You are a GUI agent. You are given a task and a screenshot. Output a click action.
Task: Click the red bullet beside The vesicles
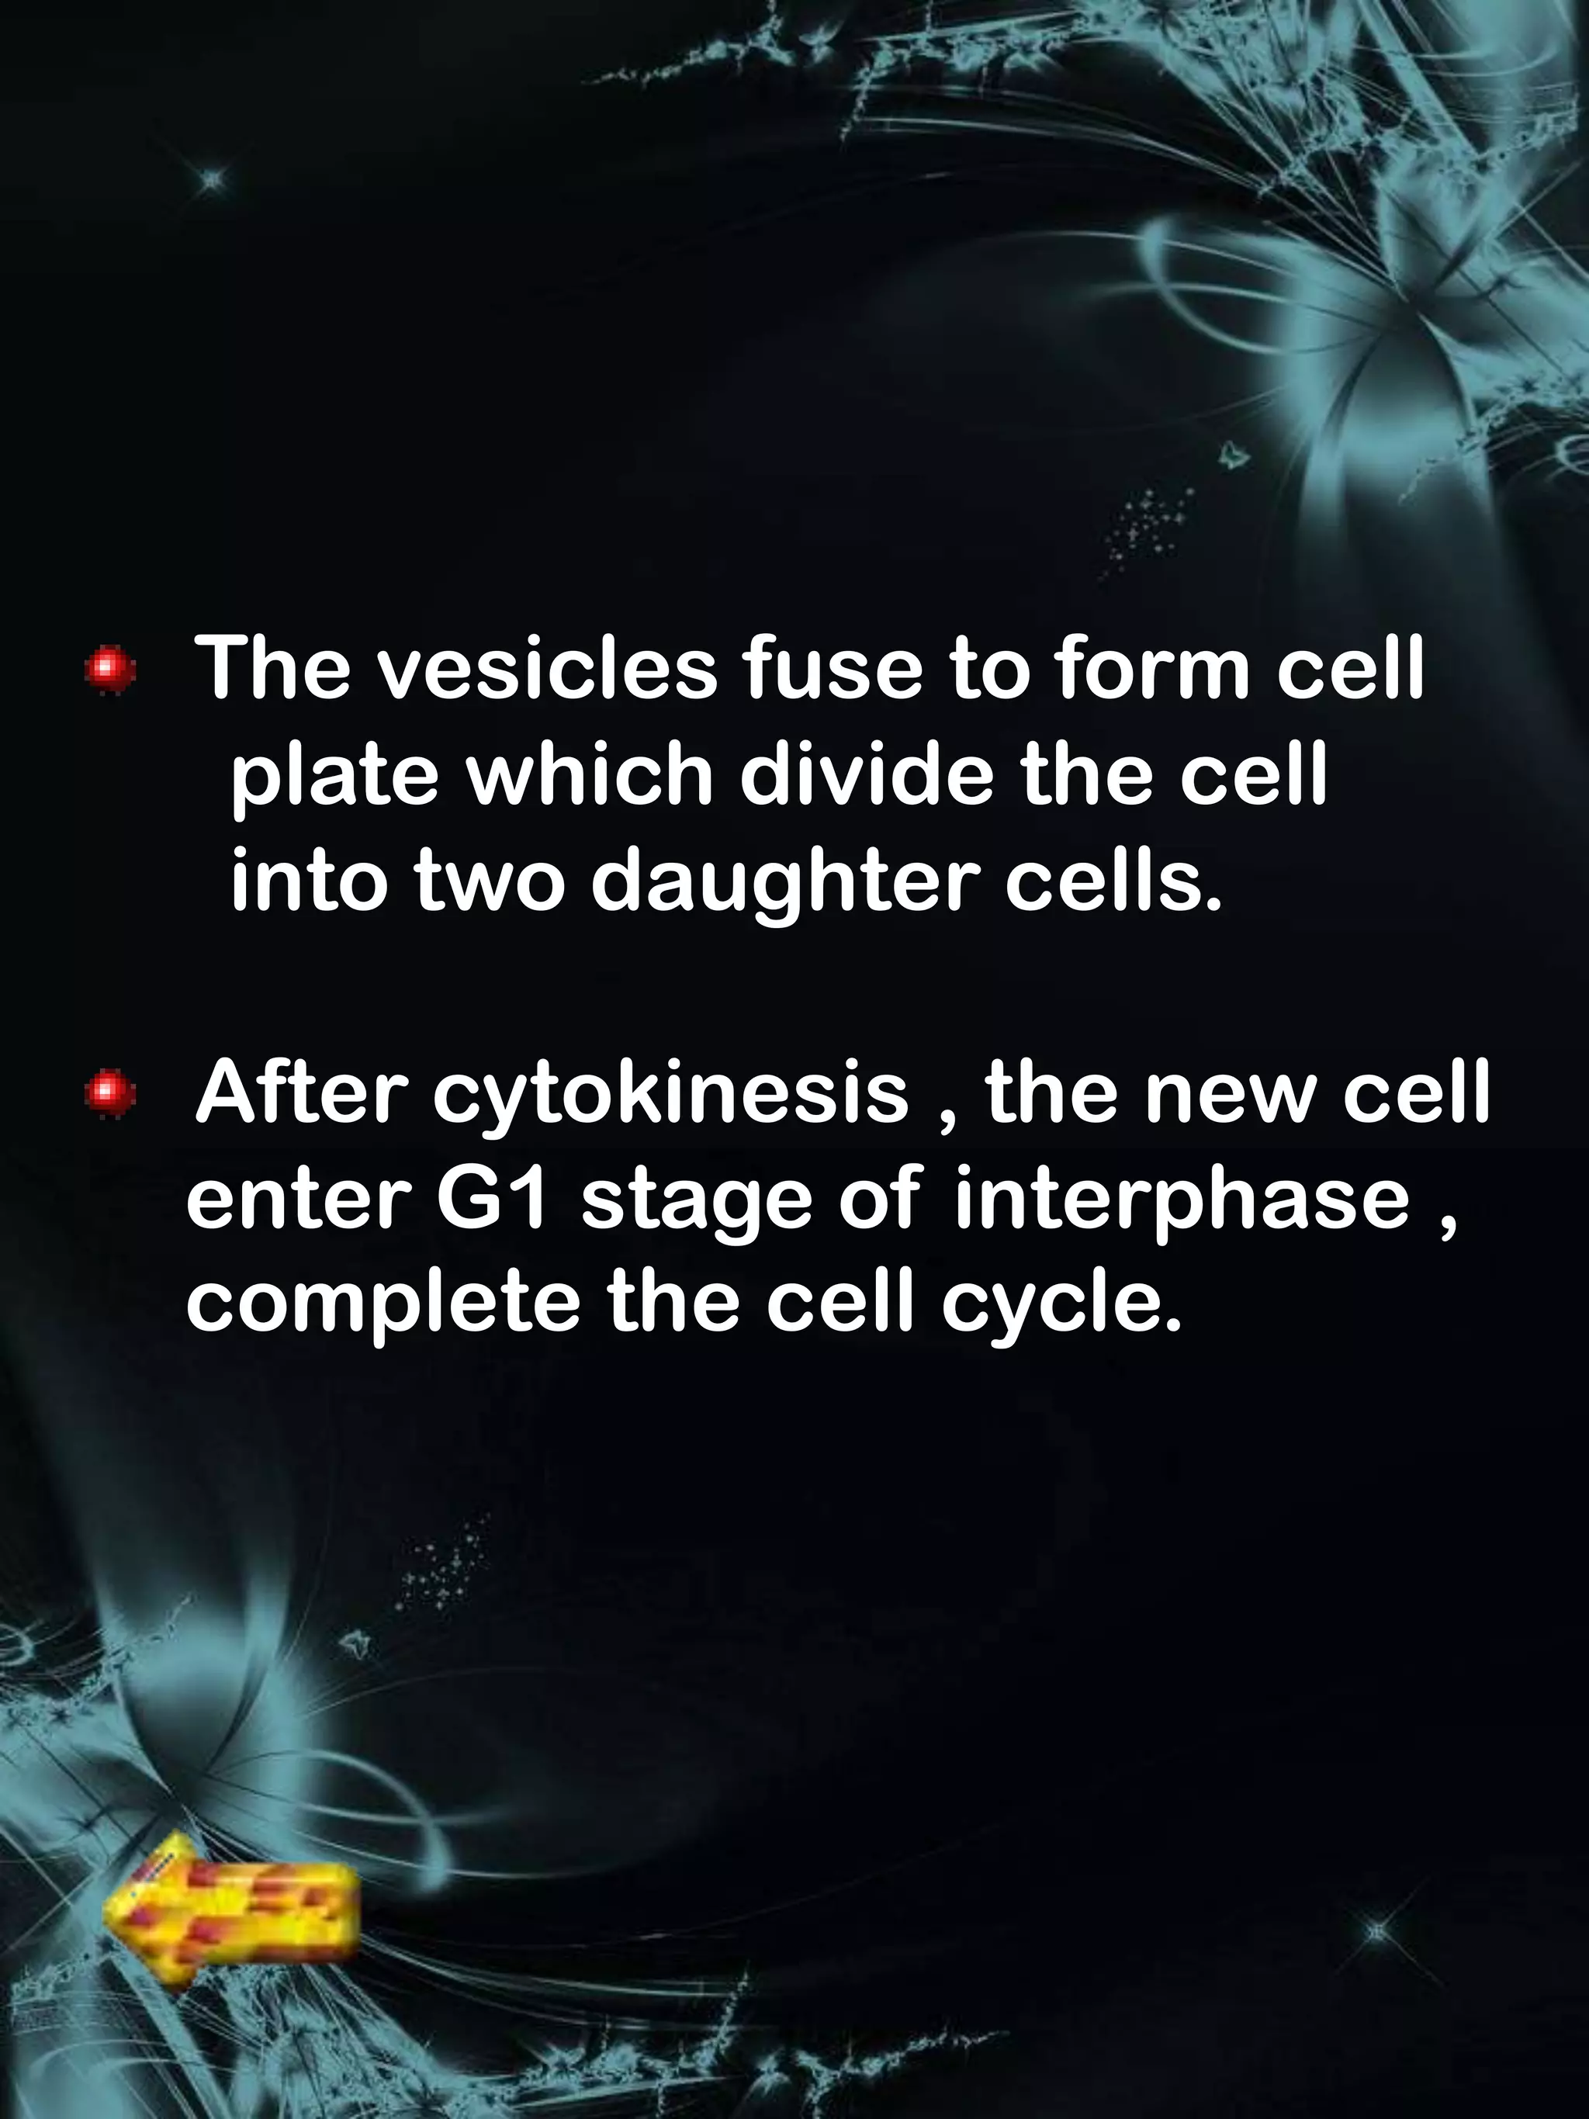[x=111, y=669]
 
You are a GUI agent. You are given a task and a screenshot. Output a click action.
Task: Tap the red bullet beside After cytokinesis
[x=110, y=1093]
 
